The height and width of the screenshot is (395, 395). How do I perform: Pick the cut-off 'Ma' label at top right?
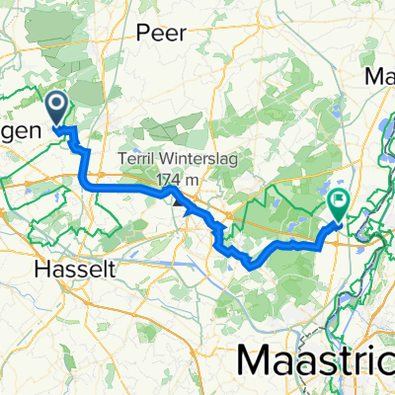tap(380, 76)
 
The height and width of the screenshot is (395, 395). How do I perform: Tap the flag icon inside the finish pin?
tap(339, 202)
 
